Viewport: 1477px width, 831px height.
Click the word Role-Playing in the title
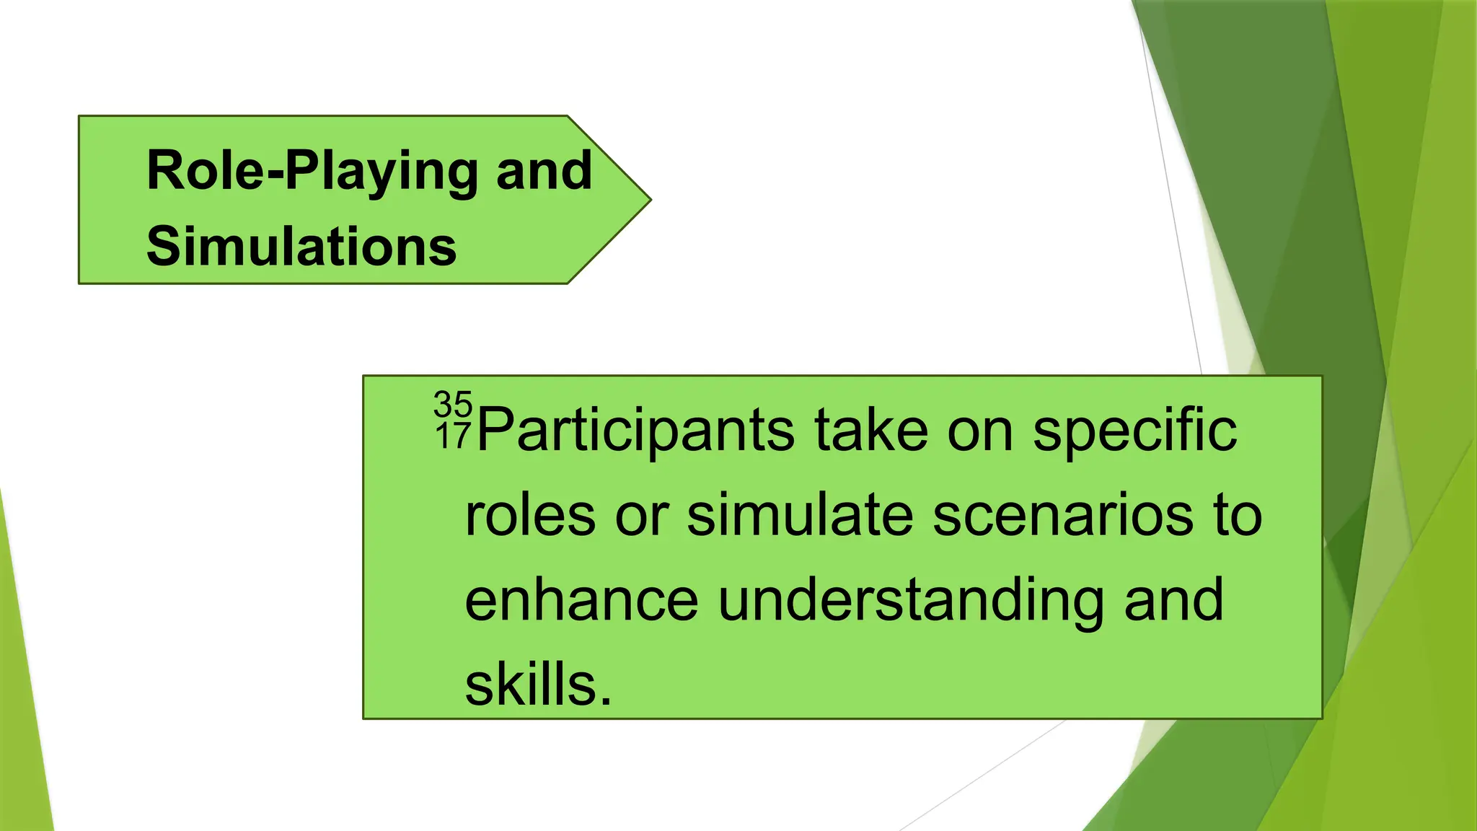coord(312,172)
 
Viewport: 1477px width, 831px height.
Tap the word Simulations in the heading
coord(301,247)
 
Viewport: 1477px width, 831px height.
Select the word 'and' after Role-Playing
coord(544,170)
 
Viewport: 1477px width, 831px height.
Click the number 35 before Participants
coord(453,404)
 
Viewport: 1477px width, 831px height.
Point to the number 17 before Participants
coord(453,436)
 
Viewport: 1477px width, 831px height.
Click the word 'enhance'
coord(581,600)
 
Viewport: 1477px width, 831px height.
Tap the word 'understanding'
coord(911,602)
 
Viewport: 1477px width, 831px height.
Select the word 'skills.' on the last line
coord(538,685)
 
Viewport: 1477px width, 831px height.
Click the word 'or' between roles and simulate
coord(641,516)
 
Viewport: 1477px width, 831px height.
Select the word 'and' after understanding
coord(1173,600)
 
